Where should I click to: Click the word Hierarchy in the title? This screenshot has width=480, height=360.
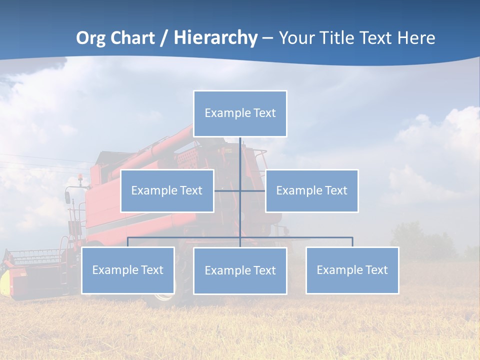click(215, 38)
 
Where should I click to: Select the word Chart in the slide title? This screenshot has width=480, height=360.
click(134, 37)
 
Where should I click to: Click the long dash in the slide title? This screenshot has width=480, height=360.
click(267, 38)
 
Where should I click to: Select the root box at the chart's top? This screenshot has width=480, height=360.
click(240, 113)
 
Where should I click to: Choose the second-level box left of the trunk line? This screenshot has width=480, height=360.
click(167, 190)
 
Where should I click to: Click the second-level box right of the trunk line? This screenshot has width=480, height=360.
click(311, 190)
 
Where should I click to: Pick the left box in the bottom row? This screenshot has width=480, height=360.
click(128, 270)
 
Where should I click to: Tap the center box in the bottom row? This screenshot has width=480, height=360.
click(240, 270)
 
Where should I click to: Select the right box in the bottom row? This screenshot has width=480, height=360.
click(352, 270)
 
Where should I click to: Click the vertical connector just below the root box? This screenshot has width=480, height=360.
click(240, 152)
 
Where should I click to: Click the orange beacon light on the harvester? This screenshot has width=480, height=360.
click(80, 177)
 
